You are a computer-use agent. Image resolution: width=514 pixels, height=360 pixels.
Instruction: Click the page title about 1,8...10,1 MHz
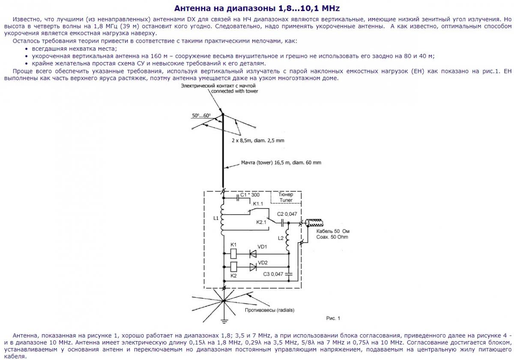pyautogui.click(x=257, y=9)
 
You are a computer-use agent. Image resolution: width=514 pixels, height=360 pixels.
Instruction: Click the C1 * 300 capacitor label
pyautogui.click(x=250, y=195)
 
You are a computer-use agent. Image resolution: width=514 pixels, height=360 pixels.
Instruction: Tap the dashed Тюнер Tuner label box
pyautogui.click(x=286, y=197)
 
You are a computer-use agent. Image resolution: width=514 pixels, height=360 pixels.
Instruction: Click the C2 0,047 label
pyautogui.click(x=287, y=214)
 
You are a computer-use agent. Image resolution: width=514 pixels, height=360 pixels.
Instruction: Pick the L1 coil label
pyautogui.click(x=215, y=218)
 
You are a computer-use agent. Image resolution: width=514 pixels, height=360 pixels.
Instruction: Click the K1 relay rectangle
pyautogui.click(x=234, y=253)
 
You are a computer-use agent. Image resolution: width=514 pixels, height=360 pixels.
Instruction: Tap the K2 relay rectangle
pyautogui.click(x=234, y=267)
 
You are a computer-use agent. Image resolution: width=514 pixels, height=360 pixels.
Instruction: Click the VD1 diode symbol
pyautogui.click(x=253, y=253)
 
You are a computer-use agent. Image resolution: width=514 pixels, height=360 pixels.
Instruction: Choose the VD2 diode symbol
pyautogui.click(x=253, y=267)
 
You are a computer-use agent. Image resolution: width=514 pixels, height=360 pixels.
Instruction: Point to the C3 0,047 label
pyautogui.click(x=273, y=274)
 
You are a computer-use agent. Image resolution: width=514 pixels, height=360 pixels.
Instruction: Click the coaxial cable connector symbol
pyautogui.click(x=315, y=223)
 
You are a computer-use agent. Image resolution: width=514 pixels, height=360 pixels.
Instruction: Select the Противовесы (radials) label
pyautogui.click(x=269, y=310)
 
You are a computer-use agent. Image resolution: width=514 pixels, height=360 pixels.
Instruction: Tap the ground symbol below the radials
pyautogui.click(x=224, y=320)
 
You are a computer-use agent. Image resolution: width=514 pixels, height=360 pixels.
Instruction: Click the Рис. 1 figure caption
pyautogui.click(x=333, y=318)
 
